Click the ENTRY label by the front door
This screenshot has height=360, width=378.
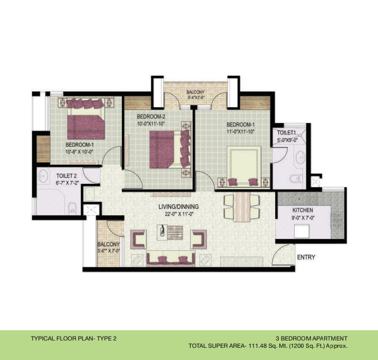point(306,257)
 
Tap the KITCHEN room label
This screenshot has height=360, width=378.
point(303,210)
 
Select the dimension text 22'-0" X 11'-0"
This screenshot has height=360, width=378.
point(179,214)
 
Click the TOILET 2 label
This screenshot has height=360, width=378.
point(66,176)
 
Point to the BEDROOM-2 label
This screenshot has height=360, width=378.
point(151,117)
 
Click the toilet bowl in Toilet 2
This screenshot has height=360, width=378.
point(72,208)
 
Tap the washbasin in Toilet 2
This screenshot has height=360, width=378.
point(43,176)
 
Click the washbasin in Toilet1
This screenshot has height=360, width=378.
point(300,158)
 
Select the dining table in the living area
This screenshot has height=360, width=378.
point(242,207)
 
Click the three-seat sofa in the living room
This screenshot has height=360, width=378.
point(171,259)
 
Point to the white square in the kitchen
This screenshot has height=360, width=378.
point(301,231)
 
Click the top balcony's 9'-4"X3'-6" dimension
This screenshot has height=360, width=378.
point(195,98)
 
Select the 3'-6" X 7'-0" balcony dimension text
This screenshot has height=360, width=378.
point(108,251)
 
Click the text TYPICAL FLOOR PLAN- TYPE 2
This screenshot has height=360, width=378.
point(74,339)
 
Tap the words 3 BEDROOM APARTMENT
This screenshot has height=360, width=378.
point(312,339)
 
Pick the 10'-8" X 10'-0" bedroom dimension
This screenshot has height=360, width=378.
point(80,152)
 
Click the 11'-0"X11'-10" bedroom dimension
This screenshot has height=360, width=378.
point(240,132)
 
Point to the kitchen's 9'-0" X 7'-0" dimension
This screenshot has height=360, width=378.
point(303,218)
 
